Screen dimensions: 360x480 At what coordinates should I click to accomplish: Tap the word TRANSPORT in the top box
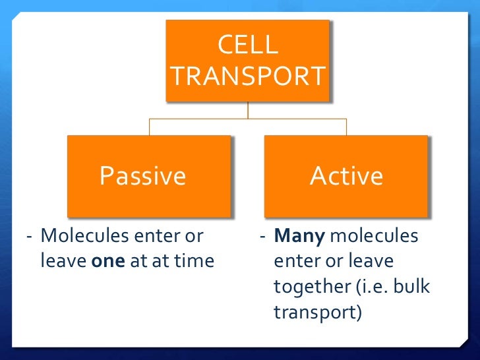(x=248, y=76)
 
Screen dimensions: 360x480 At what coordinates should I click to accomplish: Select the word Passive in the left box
(x=142, y=176)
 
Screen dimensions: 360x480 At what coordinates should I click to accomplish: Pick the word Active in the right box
(x=346, y=176)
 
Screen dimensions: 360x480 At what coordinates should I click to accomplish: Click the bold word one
(x=104, y=261)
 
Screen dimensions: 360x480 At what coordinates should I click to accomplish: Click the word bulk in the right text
(x=407, y=287)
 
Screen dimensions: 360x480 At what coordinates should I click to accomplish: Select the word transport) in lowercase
(x=318, y=312)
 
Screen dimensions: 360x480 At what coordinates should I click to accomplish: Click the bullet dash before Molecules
(x=29, y=236)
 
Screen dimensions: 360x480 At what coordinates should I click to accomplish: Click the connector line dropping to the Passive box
(x=149, y=127)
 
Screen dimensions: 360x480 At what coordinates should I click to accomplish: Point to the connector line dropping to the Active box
(x=346, y=127)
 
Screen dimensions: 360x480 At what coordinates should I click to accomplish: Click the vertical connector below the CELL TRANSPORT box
(x=248, y=110)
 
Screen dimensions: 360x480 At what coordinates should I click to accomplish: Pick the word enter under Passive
(x=152, y=236)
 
